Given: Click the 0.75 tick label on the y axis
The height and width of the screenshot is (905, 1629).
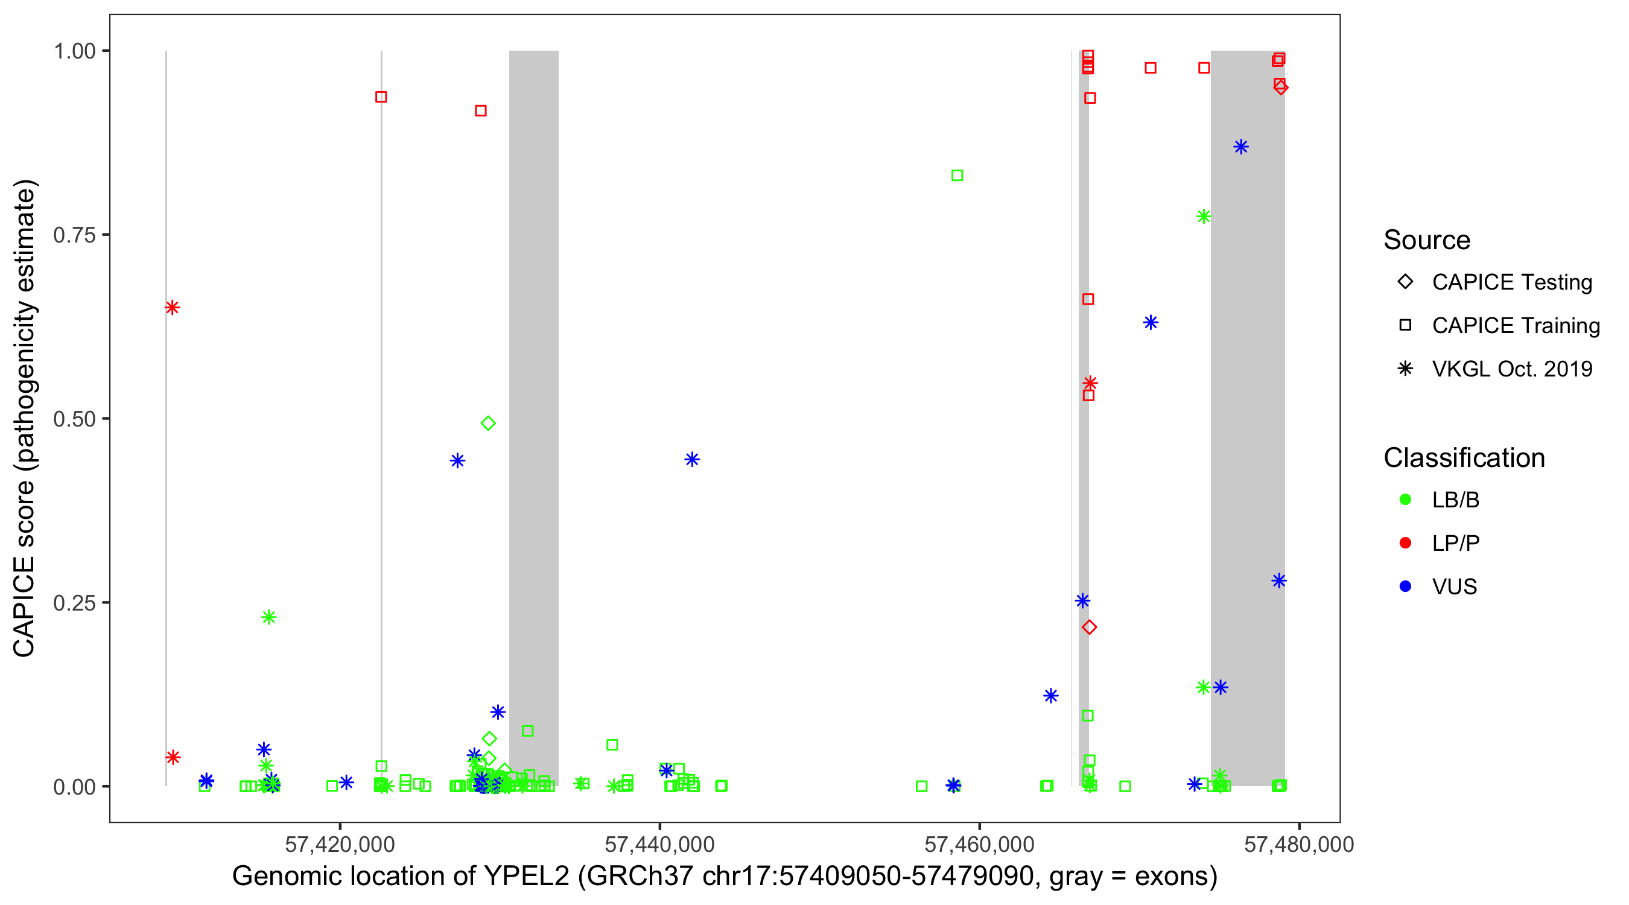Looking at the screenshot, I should point(74,235).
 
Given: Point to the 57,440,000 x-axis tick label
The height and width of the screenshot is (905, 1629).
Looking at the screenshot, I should point(659,844).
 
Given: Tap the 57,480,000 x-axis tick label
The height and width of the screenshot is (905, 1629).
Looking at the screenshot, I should point(1299,844).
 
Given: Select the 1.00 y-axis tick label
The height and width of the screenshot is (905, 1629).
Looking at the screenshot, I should point(74,51).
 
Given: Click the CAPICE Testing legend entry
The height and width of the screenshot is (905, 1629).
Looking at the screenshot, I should point(1511,282).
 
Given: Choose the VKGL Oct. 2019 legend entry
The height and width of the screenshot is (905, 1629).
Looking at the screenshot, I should point(1511,369).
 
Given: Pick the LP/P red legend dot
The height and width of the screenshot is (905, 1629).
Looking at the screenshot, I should point(1405,543).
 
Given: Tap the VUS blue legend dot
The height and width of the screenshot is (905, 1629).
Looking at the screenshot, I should point(1405,586).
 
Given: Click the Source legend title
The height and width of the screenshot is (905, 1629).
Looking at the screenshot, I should point(1427,240).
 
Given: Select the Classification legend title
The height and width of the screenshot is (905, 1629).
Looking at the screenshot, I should point(1464,458).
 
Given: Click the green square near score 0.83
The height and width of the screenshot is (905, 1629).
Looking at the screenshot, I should point(957,175).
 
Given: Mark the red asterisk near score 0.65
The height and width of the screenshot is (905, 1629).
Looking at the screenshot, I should point(172,308).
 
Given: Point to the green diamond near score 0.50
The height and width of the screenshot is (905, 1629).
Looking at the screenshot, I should point(487,423).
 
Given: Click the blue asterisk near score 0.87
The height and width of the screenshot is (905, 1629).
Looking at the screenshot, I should point(1240,147).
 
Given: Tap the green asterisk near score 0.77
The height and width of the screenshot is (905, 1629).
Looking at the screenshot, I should point(1204,217).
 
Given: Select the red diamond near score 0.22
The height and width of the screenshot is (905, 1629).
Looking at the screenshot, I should point(1089,627).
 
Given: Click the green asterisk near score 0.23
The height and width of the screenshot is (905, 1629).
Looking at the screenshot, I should point(268,617).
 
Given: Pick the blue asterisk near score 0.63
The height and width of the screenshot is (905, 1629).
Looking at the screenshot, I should point(1151,323).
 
